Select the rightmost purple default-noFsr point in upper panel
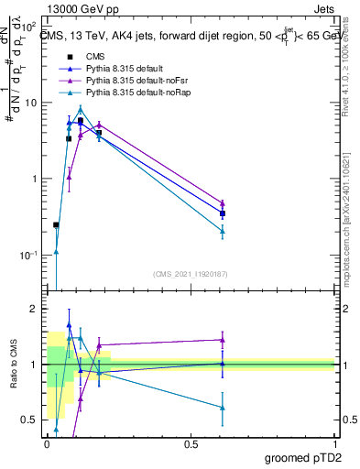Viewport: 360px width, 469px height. (x=223, y=203)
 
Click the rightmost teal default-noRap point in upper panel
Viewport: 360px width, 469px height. (x=223, y=231)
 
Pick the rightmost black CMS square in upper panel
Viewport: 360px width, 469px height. (x=223, y=213)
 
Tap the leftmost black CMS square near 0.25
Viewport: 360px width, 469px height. (x=56, y=224)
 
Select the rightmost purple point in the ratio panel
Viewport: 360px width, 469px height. (x=223, y=340)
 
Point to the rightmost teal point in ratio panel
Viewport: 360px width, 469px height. (x=223, y=408)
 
